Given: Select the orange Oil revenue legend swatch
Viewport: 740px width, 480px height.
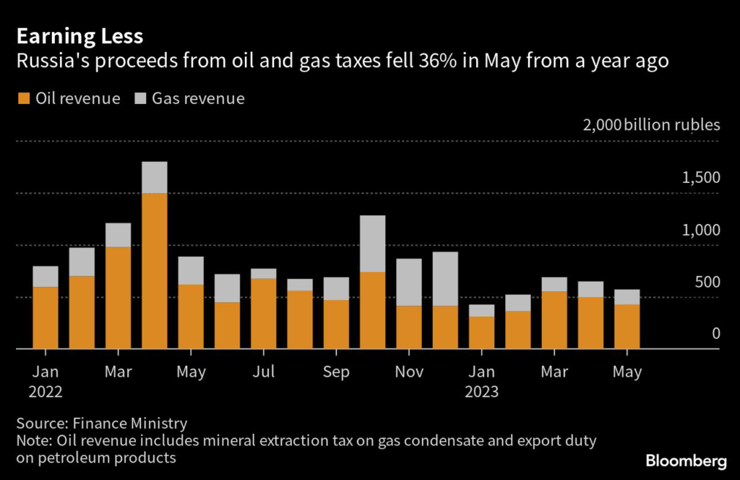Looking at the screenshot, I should coord(24,98).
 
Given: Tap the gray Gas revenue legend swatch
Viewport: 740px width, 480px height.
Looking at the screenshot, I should coord(139,98).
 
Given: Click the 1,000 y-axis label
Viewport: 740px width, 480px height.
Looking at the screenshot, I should coord(700,231).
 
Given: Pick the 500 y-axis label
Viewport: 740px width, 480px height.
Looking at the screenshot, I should coord(706,283).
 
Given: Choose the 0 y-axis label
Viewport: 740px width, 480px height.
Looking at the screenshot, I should coord(715,334).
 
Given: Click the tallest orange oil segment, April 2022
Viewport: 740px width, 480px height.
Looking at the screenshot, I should coord(155,270).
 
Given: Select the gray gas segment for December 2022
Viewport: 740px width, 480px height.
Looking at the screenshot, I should coord(445,278).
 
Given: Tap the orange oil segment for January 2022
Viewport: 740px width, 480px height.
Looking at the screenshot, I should coord(46,317).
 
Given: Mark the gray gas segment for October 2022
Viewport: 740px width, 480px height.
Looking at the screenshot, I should coord(372,244).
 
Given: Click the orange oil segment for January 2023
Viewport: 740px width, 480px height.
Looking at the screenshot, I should coord(481,333).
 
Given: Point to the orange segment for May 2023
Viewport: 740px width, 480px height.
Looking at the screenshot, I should coord(627,326).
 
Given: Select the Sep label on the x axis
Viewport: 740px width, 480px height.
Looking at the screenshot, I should coord(336,372).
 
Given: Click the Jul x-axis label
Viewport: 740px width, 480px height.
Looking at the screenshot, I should coord(263,372).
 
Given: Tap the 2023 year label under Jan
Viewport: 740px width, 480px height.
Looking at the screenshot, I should coord(481,393).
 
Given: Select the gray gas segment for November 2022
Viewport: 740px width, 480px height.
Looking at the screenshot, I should coord(409,282).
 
